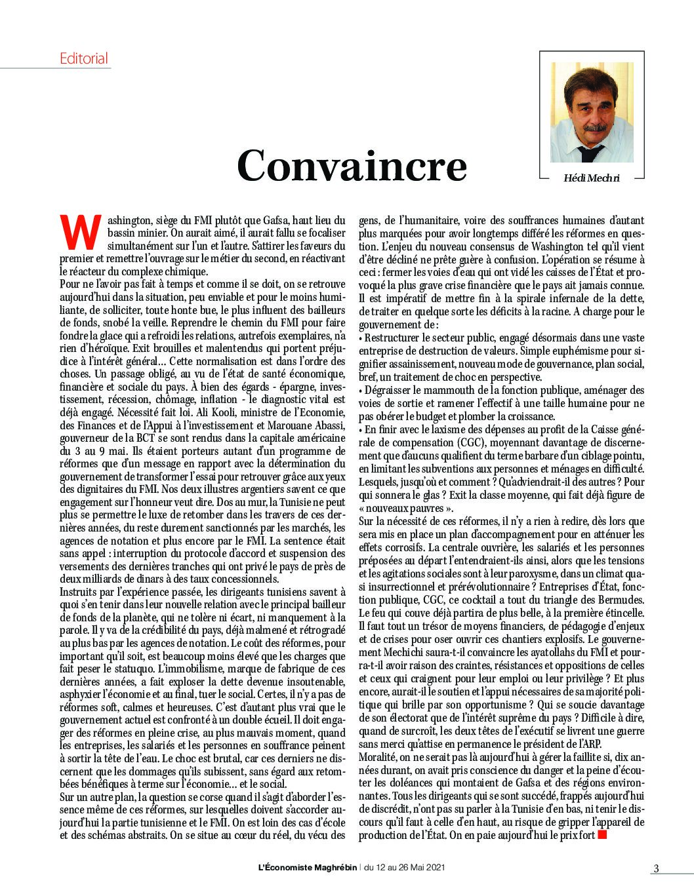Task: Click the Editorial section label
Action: (x=84, y=58)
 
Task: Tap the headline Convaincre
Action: (x=352, y=166)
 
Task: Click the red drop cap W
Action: (x=80, y=231)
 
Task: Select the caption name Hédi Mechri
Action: (x=591, y=178)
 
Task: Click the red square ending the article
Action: (x=603, y=835)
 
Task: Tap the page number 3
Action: (x=655, y=868)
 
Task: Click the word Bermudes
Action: (x=621, y=600)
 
